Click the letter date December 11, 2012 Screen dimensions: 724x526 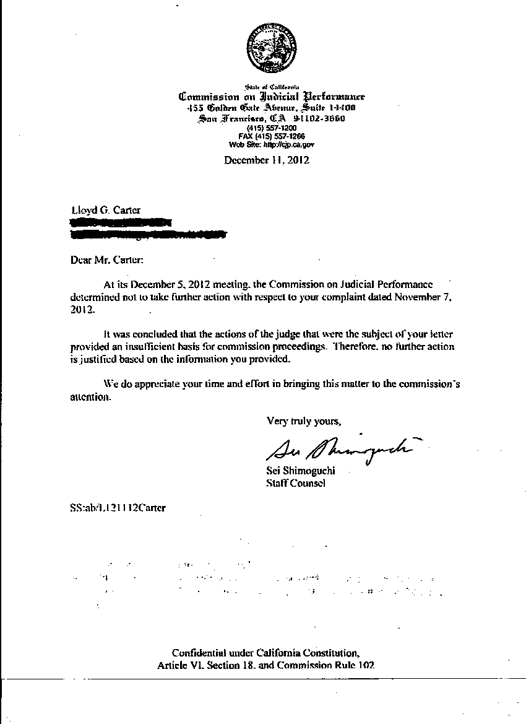pyautogui.click(x=267, y=160)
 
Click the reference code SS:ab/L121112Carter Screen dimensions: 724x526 pyautogui.click(x=118, y=508)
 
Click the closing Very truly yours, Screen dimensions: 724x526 pyautogui.click(x=303, y=421)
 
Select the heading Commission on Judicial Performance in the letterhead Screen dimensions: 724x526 pyautogui.click(x=272, y=97)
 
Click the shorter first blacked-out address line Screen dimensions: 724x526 pyautogui.click(x=121, y=222)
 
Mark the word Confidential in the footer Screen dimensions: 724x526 pyautogui.click(x=198, y=653)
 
